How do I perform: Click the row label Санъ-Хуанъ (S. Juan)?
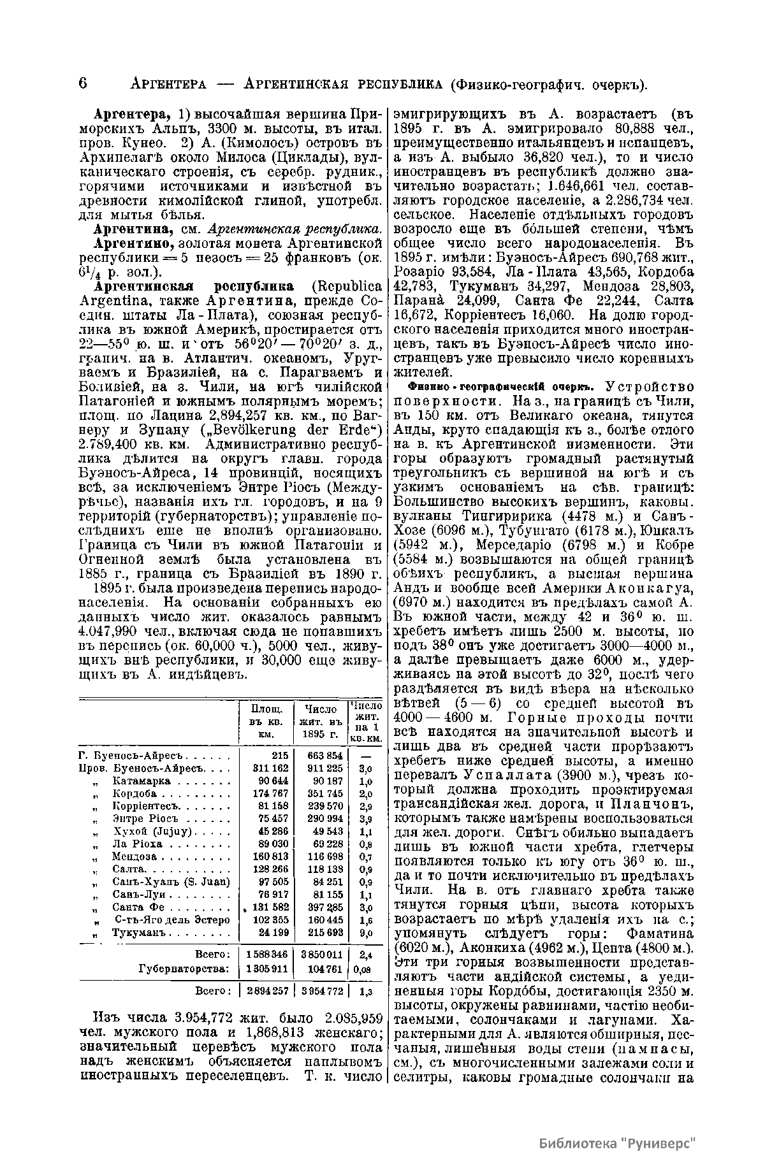171,882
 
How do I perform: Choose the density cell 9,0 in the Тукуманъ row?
365,933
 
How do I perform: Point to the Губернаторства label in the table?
184,969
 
